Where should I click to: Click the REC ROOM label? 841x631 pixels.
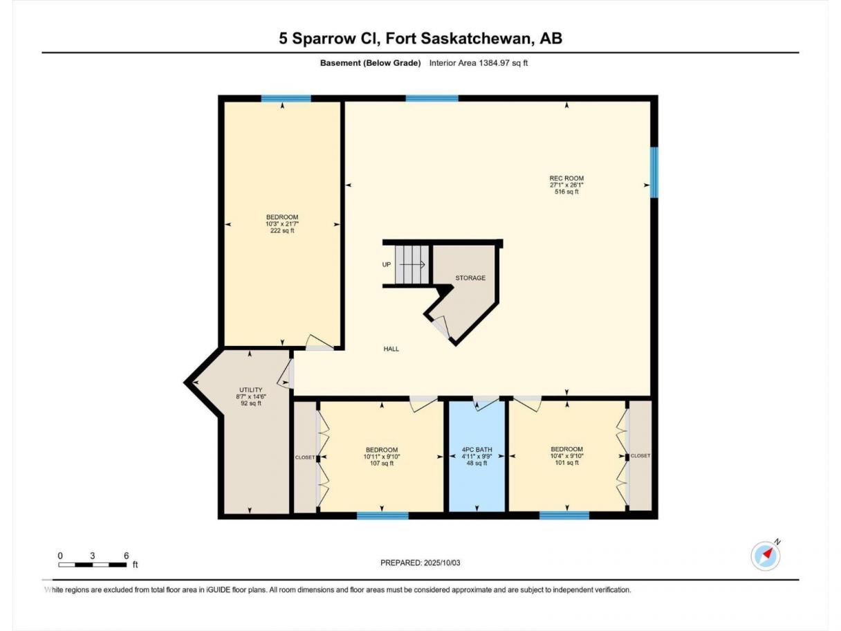point(566,178)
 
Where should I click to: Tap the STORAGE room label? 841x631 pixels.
point(470,277)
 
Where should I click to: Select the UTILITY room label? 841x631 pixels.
point(250,390)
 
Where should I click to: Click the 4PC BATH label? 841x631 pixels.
point(477,450)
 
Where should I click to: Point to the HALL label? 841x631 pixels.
point(391,349)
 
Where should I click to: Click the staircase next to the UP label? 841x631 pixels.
point(412,264)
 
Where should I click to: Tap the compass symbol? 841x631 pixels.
point(765,556)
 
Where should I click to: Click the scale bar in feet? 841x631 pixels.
point(93,565)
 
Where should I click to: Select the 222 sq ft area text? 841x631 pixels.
point(282,230)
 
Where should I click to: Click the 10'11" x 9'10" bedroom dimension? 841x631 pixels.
point(382,457)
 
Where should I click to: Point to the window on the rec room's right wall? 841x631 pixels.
point(654,172)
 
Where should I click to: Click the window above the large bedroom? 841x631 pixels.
point(286,98)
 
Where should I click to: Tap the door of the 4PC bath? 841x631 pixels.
point(485,403)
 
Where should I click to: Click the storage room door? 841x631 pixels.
point(441,327)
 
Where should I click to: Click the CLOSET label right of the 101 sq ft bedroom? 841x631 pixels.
point(640,455)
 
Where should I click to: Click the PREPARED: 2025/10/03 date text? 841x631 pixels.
point(420,563)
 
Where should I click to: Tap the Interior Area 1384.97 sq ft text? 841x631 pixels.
point(478,63)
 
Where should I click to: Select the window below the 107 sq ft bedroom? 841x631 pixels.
point(382,515)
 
